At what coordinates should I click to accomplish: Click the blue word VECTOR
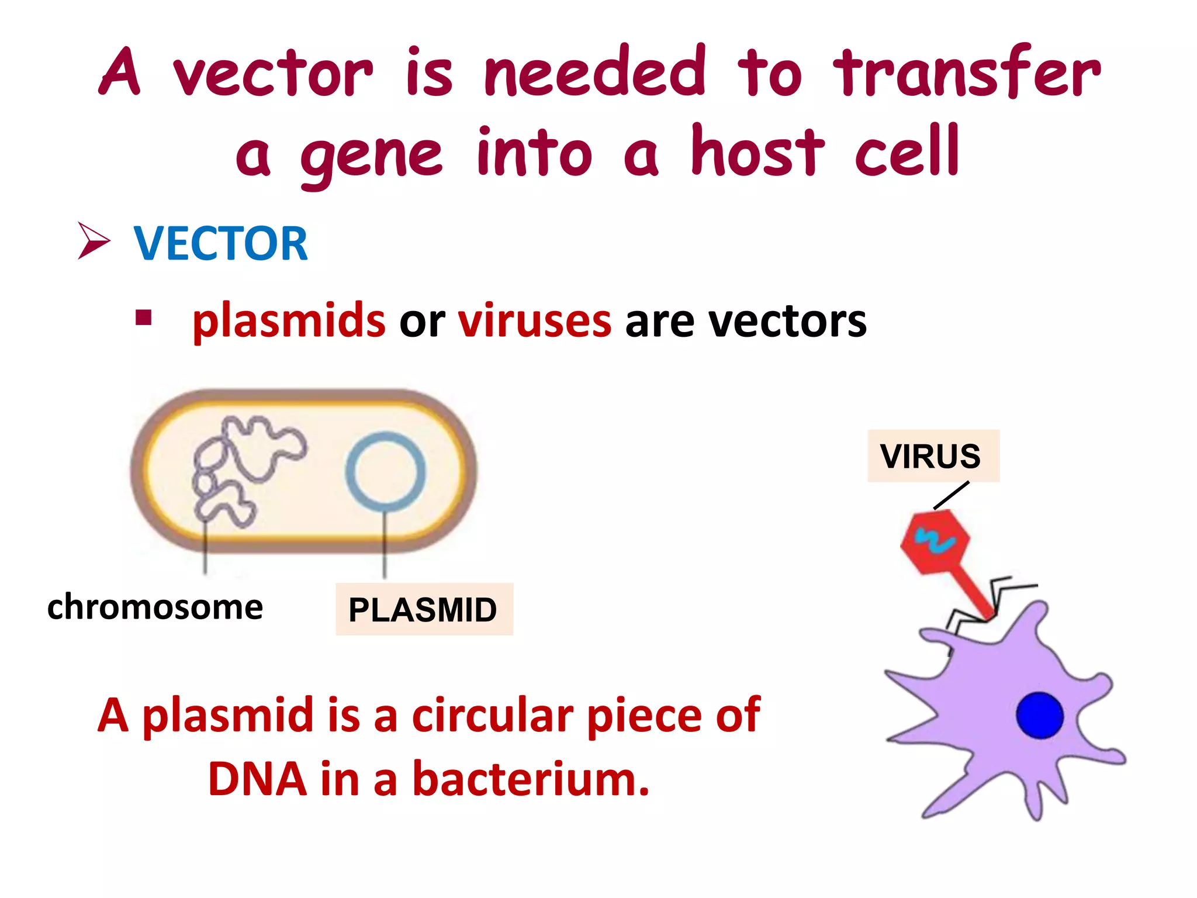click(220, 244)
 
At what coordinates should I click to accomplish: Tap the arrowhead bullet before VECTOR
click(94, 241)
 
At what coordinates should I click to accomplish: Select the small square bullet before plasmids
click(143, 318)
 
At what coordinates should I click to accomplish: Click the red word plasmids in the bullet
click(289, 321)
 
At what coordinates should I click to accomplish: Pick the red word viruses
click(534, 321)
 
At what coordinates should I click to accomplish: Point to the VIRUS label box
click(933, 456)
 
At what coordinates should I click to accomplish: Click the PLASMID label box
click(424, 609)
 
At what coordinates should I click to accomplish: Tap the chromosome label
click(155, 607)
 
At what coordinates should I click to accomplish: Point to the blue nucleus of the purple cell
click(1039, 715)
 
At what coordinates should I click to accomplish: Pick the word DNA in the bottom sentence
click(257, 779)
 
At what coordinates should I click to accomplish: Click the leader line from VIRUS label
click(952, 495)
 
